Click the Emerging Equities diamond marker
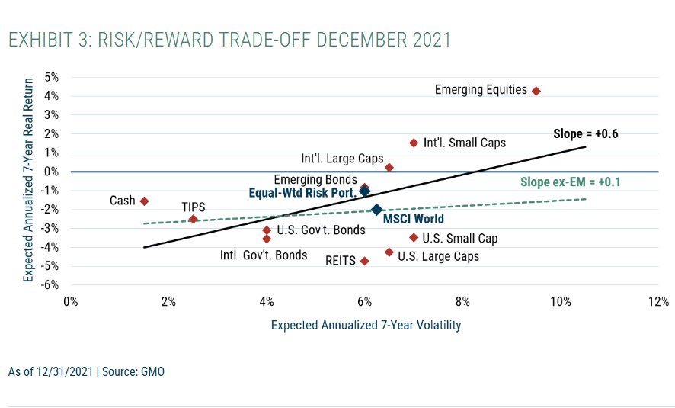pyautogui.click(x=536, y=91)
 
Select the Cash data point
pyautogui.click(x=144, y=201)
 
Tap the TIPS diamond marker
pyautogui.click(x=193, y=219)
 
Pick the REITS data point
pyautogui.click(x=364, y=261)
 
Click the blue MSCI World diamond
pyautogui.click(x=376, y=210)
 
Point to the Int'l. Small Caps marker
pyautogui.click(x=414, y=143)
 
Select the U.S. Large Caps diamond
pyautogui.click(x=389, y=252)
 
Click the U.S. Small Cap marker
pyautogui.click(x=414, y=238)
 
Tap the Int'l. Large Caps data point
pyautogui.click(x=389, y=168)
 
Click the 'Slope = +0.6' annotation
pyautogui.click(x=585, y=134)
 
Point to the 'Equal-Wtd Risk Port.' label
pyautogui.click(x=302, y=193)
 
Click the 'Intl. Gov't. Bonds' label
pyautogui.click(x=264, y=255)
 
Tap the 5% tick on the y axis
pyautogui.click(x=52, y=77)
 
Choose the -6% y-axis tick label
pyautogui.click(x=50, y=284)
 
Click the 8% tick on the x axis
pyautogui.click(x=462, y=301)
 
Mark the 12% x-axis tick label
pyautogui.click(x=658, y=301)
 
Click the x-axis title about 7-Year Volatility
pyautogui.click(x=366, y=325)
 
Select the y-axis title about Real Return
pyautogui.click(x=28, y=180)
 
